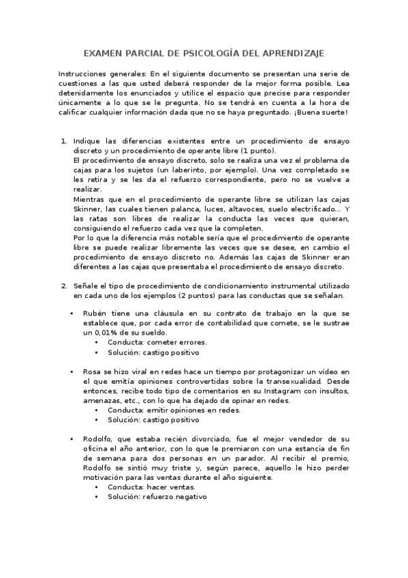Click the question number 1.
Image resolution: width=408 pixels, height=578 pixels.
tap(63, 141)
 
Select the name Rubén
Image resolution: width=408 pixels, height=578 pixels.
tap(95, 313)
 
